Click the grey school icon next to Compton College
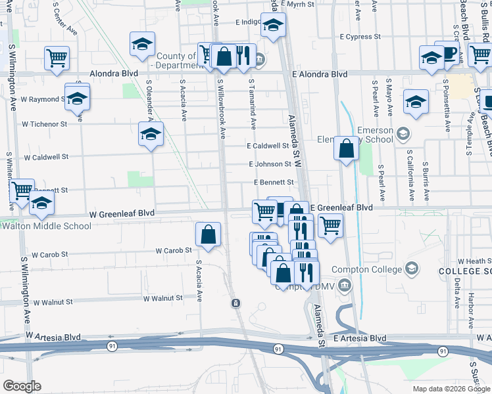[x=411, y=268]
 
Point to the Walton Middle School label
[x=46, y=227]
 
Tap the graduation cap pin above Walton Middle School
[x=41, y=204]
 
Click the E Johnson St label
[x=270, y=164]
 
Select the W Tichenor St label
[x=45, y=123]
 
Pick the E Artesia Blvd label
[x=359, y=338]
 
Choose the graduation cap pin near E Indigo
[x=273, y=26]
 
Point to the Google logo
[x=22, y=386]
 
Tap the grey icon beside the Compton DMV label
[x=345, y=286]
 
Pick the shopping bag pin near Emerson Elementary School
[x=346, y=149]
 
